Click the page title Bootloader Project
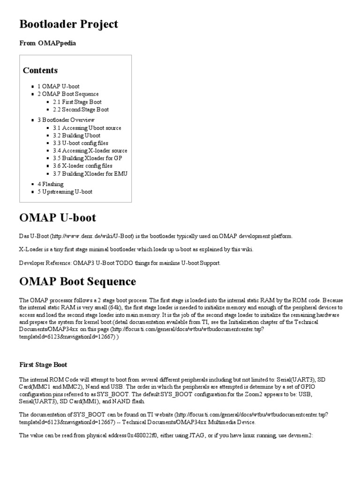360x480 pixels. coord(68,24)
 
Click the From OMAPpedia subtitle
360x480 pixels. coord(47,43)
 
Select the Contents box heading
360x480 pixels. coord(40,70)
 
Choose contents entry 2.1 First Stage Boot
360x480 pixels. coord(77,102)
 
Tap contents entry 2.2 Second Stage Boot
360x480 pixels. coord(81,110)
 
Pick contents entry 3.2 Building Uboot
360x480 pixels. coord(76,135)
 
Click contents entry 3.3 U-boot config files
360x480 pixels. coord(80,143)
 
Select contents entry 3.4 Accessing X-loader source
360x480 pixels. coord(90,151)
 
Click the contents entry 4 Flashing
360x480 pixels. coord(51,184)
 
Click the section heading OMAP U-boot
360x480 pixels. coord(58,218)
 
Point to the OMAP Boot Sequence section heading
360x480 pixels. coord(78,282)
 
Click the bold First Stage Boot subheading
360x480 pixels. coord(44,364)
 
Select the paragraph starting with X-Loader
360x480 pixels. coord(136,249)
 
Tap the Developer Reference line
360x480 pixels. coord(120,263)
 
